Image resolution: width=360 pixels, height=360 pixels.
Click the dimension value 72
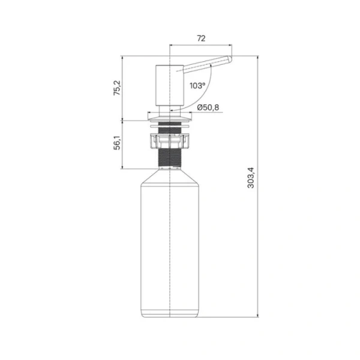tap(201, 38)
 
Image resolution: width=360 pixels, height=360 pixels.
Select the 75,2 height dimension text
tap(117, 88)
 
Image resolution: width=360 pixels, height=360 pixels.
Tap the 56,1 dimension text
tap(117, 143)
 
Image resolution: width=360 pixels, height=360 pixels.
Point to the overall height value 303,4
tap(251, 179)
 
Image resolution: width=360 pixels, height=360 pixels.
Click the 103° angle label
tap(197, 86)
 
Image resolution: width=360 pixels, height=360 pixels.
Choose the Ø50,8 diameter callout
tap(208, 107)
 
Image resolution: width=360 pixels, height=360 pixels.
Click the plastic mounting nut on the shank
tap(170, 142)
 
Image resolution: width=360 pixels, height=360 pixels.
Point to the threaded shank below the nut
tap(170, 158)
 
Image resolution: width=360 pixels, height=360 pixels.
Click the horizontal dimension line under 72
tap(201, 45)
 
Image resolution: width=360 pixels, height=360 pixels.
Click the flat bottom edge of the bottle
tap(170, 316)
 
